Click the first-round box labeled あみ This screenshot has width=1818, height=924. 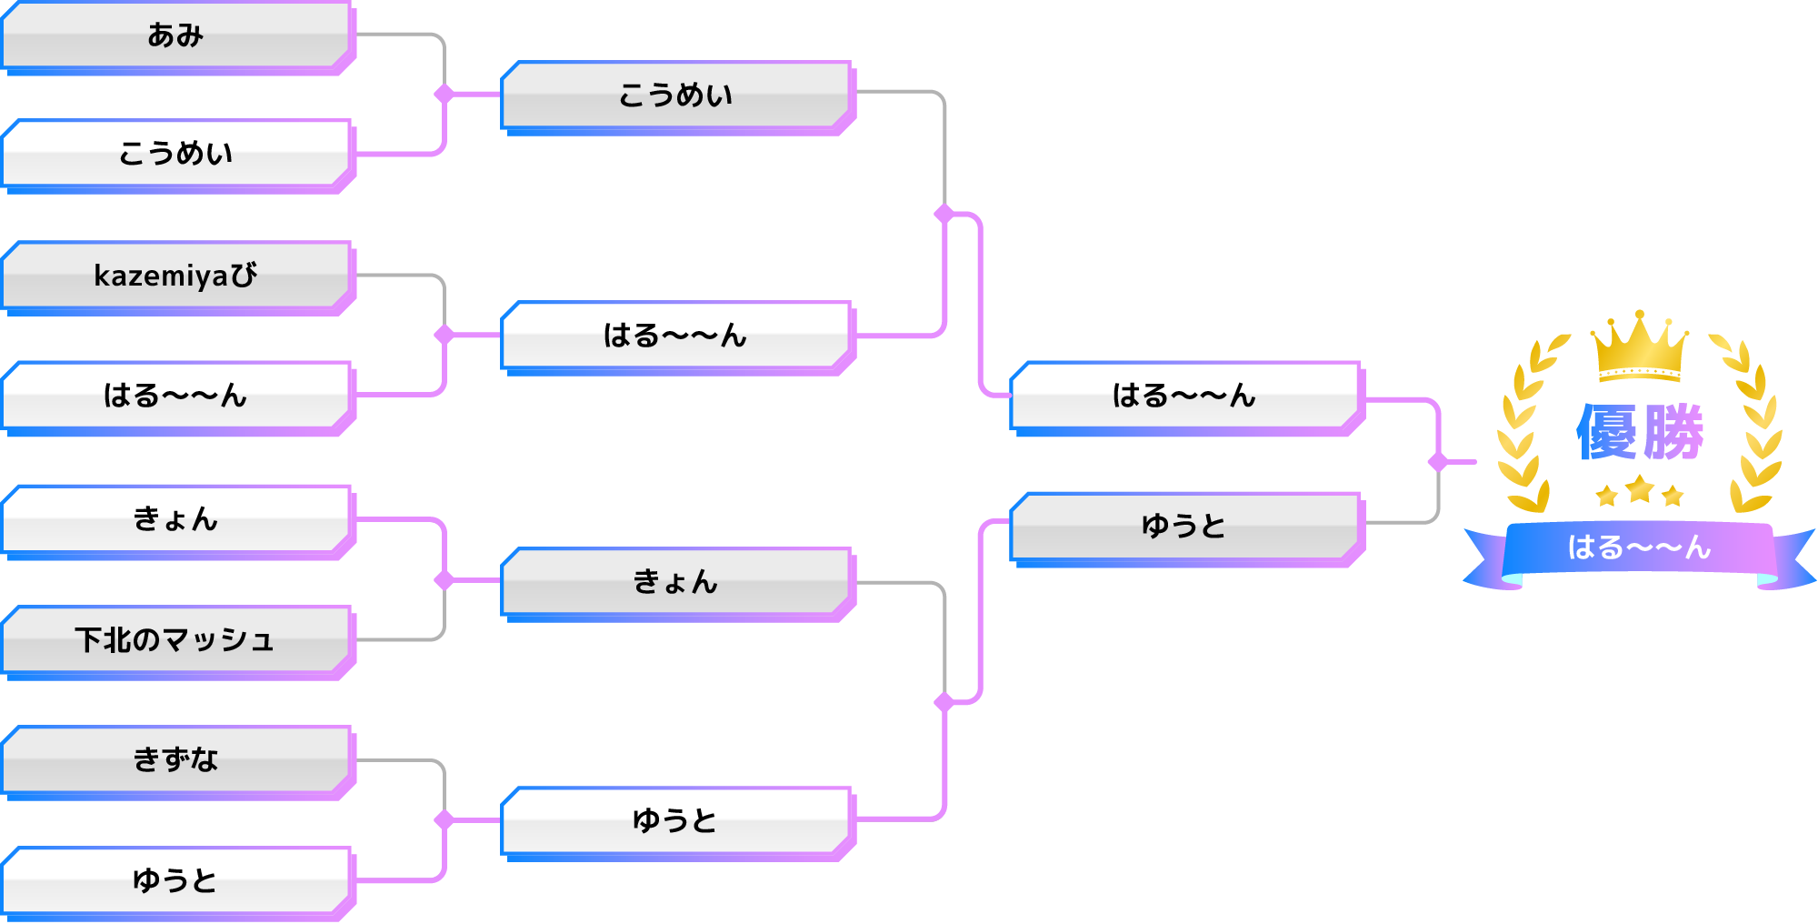tap(176, 35)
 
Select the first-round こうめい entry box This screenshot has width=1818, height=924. tap(176, 153)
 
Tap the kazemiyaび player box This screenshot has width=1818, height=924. tap(176, 275)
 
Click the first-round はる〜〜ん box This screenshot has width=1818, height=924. tap(176, 396)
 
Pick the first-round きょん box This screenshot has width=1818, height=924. tap(176, 519)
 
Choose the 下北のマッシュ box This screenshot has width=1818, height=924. tap(176, 639)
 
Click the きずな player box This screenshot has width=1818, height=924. tap(176, 759)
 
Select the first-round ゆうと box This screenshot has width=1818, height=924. tap(176, 880)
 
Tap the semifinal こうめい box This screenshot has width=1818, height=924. tap(676, 95)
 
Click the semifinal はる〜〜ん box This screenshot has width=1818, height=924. tap(676, 336)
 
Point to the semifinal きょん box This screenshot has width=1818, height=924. tap(676, 582)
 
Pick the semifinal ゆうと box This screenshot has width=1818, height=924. tap(676, 821)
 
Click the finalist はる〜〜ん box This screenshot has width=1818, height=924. tap(1184, 396)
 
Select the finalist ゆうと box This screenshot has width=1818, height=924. tap(1184, 526)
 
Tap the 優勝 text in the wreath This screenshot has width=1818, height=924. tap(1639, 433)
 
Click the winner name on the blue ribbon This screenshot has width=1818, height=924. tap(1639, 547)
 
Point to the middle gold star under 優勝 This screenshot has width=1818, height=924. tap(1639, 490)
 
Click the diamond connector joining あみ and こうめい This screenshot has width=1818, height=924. tap(445, 94)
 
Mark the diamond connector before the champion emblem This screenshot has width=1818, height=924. tap(1438, 462)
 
